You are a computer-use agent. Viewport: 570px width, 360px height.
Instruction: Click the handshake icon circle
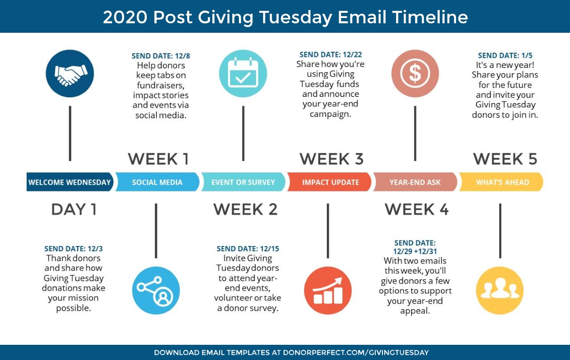pyautogui.click(x=70, y=74)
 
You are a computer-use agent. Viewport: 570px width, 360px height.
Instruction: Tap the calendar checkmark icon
pyautogui.click(x=243, y=74)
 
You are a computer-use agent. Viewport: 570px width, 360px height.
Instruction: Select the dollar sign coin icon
pyautogui.click(x=415, y=74)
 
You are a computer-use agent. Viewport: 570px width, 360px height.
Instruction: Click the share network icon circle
pyautogui.click(x=156, y=290)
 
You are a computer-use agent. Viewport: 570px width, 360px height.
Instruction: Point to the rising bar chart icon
pyautogui.click(x=328, y=290)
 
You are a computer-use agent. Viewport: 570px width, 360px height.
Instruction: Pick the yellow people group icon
pyautogui.click(x=500, y=290)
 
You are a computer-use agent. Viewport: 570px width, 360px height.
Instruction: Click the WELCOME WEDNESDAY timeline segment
pyautogui.click(x=70, y=182)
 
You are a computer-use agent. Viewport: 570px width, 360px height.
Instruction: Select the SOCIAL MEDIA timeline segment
pyautogui.click(x=157, y=182)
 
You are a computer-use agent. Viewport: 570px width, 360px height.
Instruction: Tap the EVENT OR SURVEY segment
pyautogui.click(x=243, y=182)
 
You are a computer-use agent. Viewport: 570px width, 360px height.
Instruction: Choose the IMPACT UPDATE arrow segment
pyautogui.click(x=329, y=182)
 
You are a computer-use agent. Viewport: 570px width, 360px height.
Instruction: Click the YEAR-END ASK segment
pyautogui.click(x=415, y=182)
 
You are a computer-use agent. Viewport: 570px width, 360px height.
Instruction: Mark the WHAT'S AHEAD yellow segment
pyautogui.click(x=501, y=182)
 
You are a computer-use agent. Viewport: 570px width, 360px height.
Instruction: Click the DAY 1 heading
pyautogui.click(x=74, y=209)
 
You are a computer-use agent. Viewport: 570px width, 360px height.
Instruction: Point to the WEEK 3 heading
pyautogui.click(x=332, y=159)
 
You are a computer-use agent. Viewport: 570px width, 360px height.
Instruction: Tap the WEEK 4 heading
pyautogui.click(x=417, y=209)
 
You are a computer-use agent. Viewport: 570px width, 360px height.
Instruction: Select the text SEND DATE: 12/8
pyautogui.click(x=161, y=56)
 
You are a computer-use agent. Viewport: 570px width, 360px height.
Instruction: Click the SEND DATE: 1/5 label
pyautogui.click(x=505, y=56)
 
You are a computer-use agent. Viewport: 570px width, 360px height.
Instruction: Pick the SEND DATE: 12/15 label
pyautogui.click(x=248, y=248)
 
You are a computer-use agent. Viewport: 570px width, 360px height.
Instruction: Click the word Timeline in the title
pyautogui.click(x=430, y=17)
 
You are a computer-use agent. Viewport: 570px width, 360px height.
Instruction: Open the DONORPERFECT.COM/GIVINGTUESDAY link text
pyautogui.click(x=356, y=352)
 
